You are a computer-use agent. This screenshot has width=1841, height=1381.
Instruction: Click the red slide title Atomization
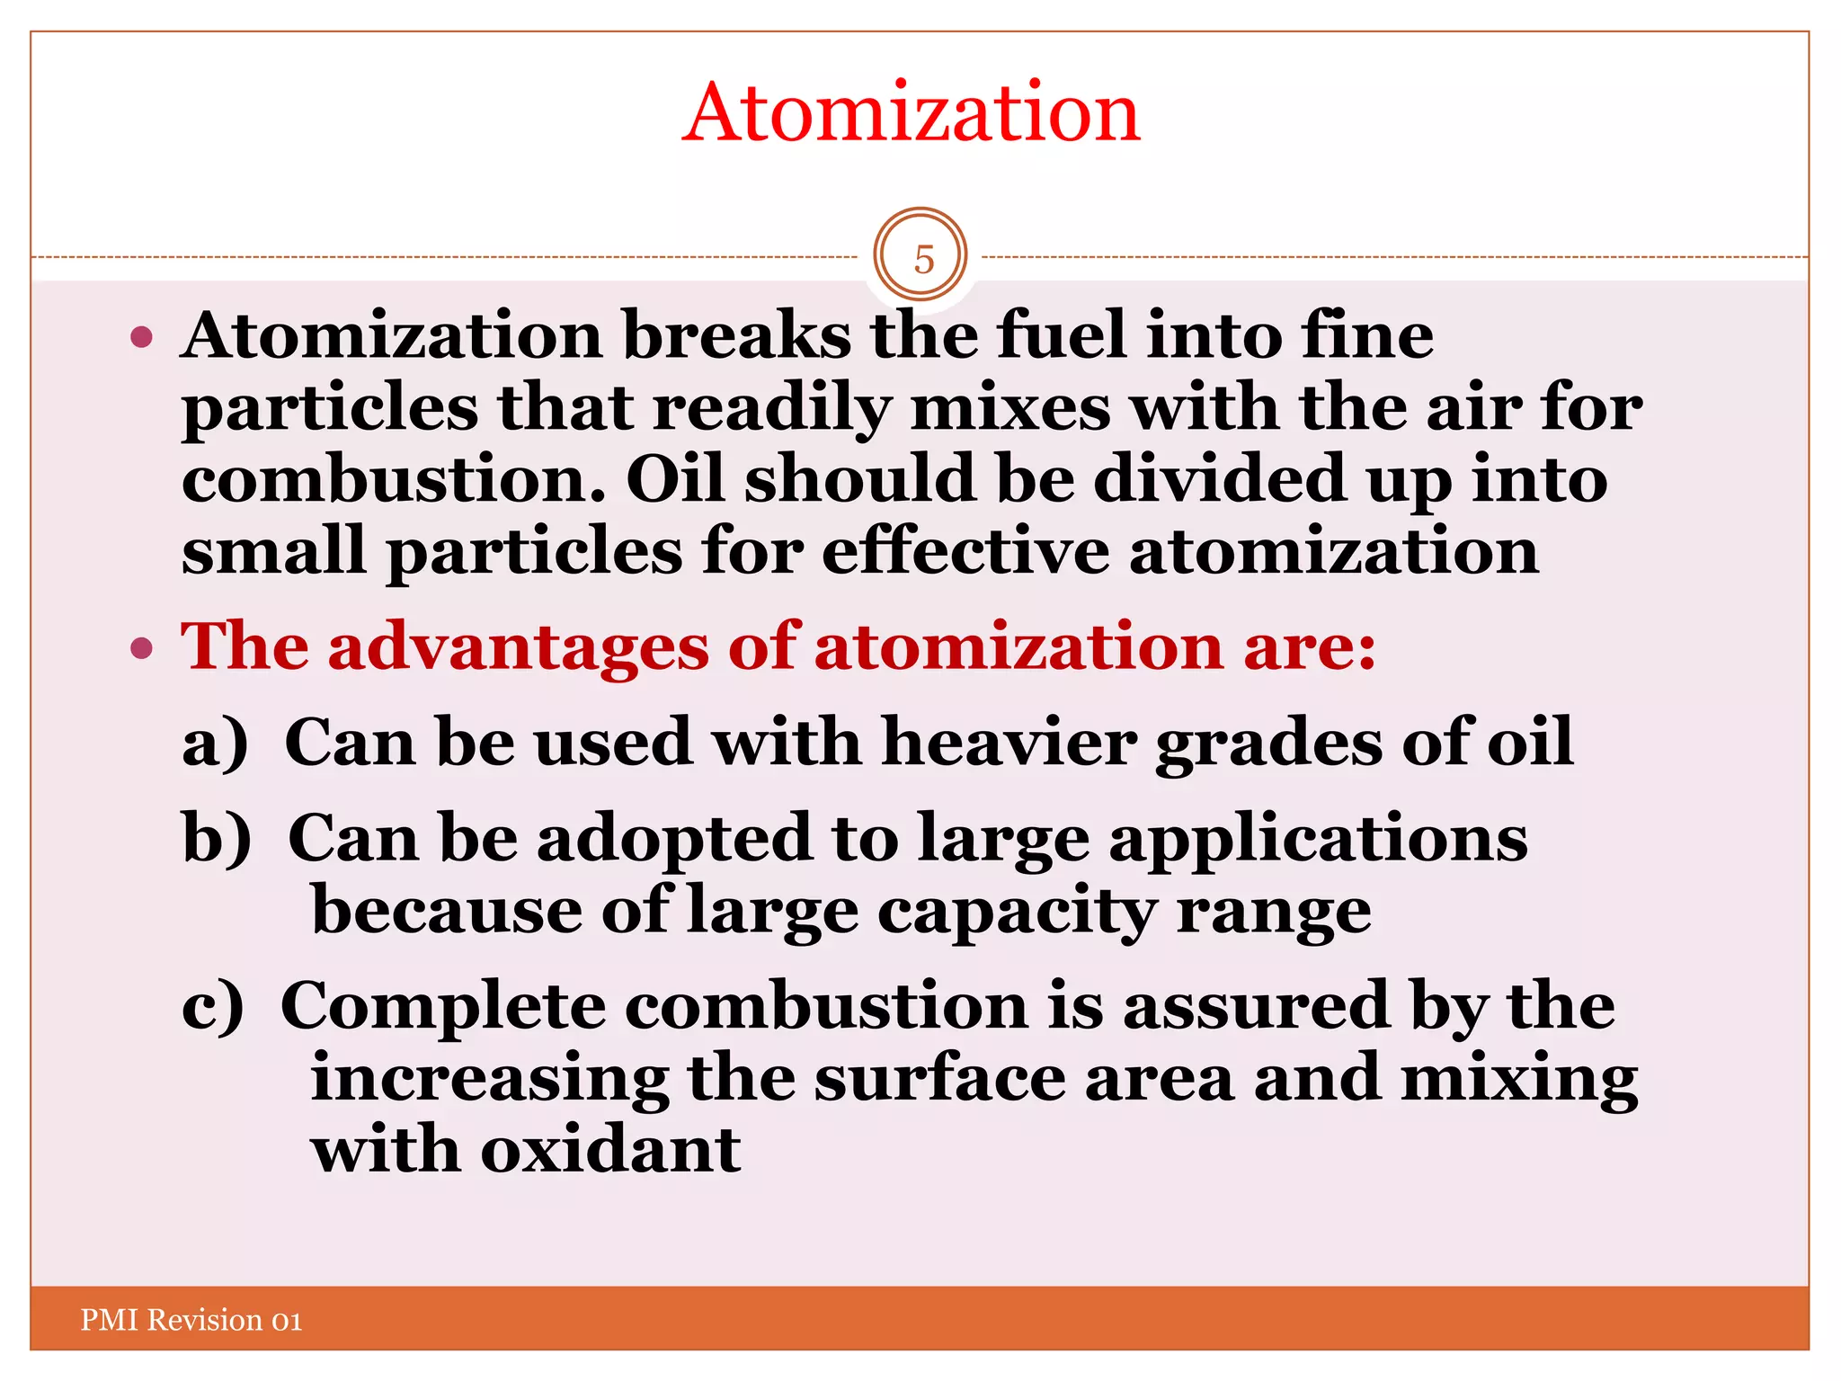[911, 113]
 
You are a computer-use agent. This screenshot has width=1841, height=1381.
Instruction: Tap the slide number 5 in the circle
[923, 259]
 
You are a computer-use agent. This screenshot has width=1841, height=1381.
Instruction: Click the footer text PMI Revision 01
[191, 1320]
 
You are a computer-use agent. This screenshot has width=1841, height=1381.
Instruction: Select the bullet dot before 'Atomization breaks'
[141, 338]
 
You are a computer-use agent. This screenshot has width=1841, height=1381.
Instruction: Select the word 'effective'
[965, 550]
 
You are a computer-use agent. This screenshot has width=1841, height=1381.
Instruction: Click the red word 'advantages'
[518, 647]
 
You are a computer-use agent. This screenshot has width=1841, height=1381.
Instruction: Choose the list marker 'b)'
[217, 838]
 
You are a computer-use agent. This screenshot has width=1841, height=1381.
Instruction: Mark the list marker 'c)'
[213, 1006]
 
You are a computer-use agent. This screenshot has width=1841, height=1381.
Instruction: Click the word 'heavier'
[1009, 743]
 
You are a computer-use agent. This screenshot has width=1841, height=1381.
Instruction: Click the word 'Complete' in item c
[443, 1006]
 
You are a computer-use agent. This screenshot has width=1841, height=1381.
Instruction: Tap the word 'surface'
[939, 1078]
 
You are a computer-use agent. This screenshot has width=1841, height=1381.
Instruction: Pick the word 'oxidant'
[610, 1150]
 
